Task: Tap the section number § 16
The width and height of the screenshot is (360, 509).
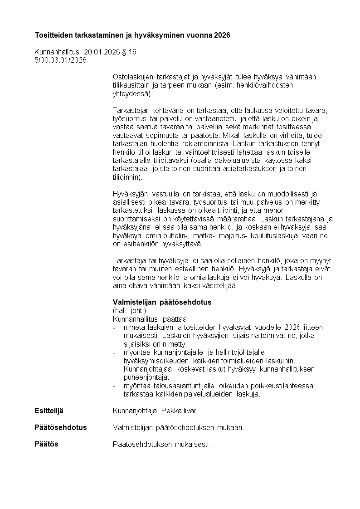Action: pos(129,52)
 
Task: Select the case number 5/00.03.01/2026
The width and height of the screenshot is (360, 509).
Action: pos(60,60)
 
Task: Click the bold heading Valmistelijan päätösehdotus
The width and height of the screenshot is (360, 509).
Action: pos(162,302)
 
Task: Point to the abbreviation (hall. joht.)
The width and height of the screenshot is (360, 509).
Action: pos(129,311)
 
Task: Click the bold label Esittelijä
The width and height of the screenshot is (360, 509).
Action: pos(49,411)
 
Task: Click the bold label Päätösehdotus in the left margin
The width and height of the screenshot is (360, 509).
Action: pos(60,427)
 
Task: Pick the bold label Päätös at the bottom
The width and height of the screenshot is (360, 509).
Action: pos(46,444)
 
